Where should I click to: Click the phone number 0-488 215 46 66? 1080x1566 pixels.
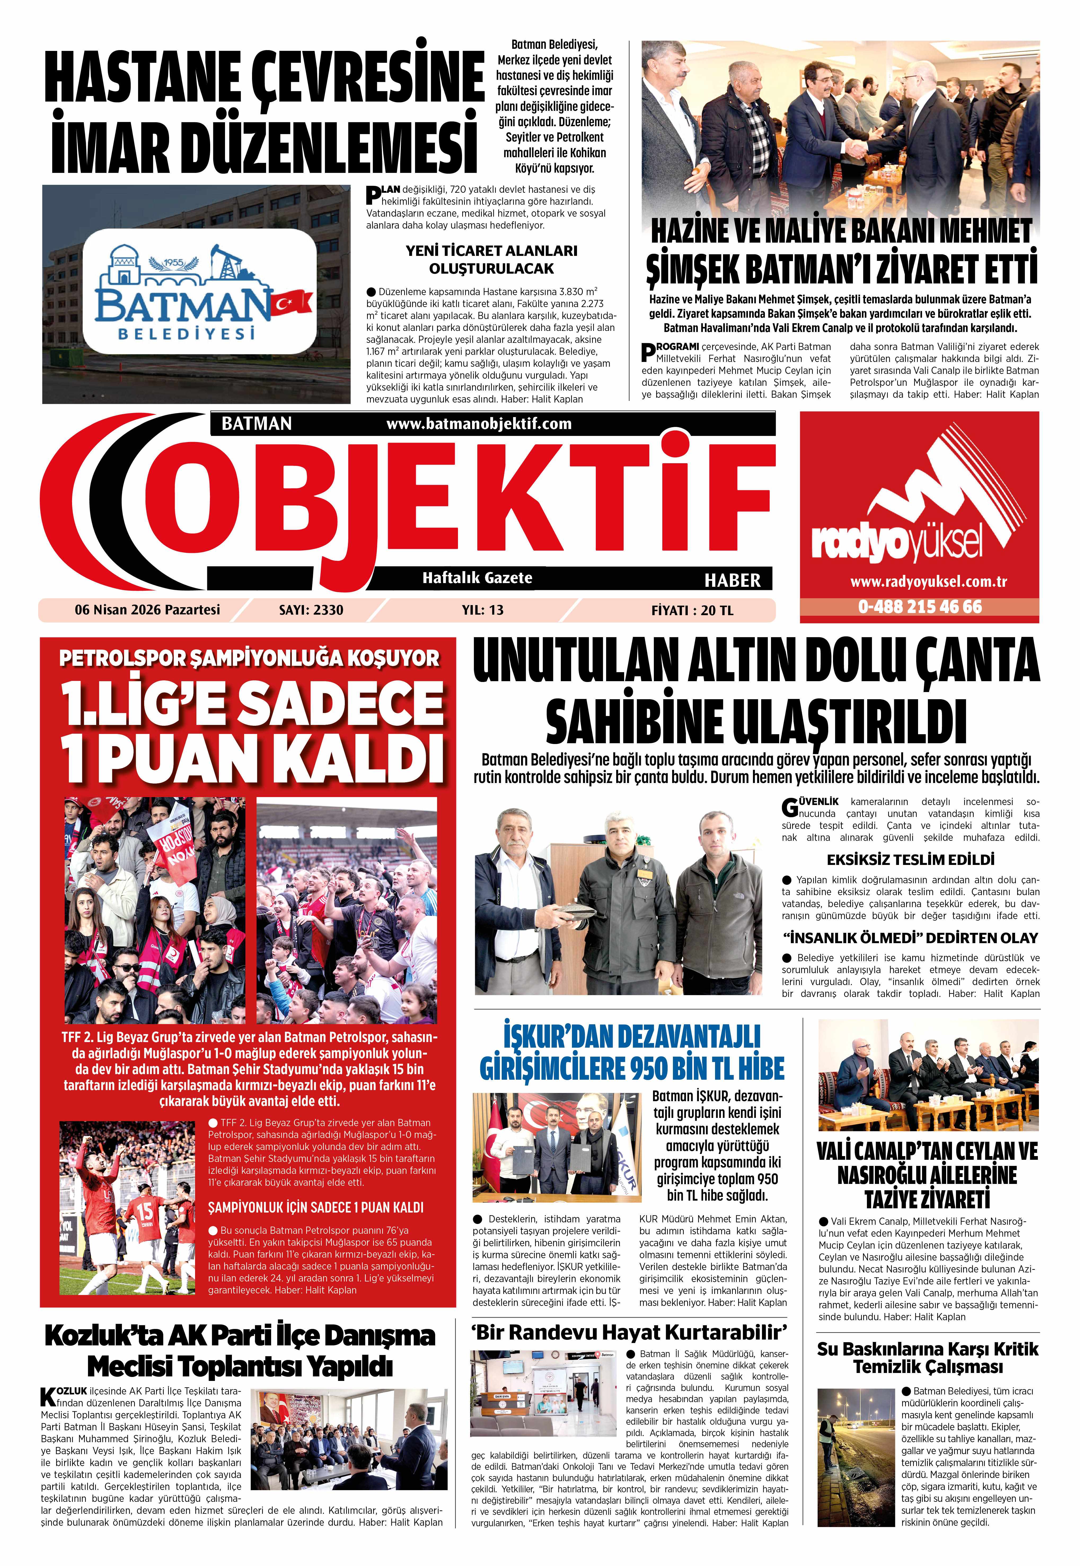click(x=920, y=607)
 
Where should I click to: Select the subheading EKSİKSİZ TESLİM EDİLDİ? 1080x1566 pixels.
click(x=910, y=860)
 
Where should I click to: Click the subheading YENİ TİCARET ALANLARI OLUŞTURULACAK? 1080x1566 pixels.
click(x=491, y=259)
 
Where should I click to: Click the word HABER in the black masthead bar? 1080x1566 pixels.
click(x=732, y=580)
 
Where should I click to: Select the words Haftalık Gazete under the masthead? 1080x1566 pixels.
click(x=477, y=578)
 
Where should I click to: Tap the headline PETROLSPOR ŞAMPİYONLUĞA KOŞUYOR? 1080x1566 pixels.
click(x=249, y=658)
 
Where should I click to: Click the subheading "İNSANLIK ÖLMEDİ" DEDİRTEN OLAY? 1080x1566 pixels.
click(x=910, y=938)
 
